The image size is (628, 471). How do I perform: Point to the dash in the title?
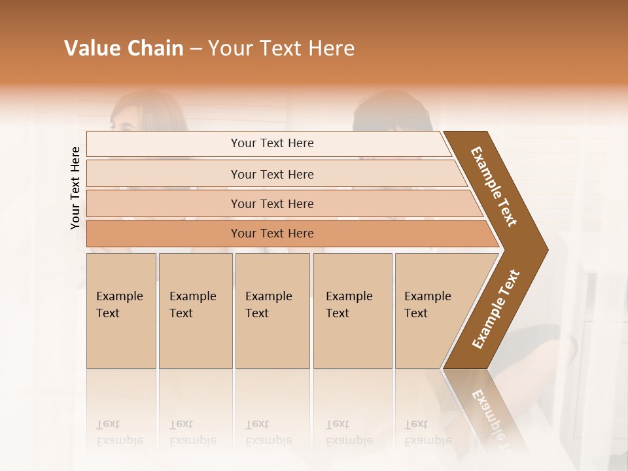tap(196, 49)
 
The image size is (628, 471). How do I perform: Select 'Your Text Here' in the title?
tap(281, 48)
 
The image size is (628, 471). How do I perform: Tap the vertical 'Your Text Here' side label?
tap(75, 188)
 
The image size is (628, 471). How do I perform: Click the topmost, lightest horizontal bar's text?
tap(272, 143)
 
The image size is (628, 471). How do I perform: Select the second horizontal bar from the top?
tap(272, 174)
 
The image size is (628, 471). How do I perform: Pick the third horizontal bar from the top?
tap(272, 204)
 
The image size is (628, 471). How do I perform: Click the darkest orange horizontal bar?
tap(272, 234)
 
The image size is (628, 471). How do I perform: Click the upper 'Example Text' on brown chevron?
tap(494, 186)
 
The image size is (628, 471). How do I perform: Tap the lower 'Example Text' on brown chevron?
tap(496, 309)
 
